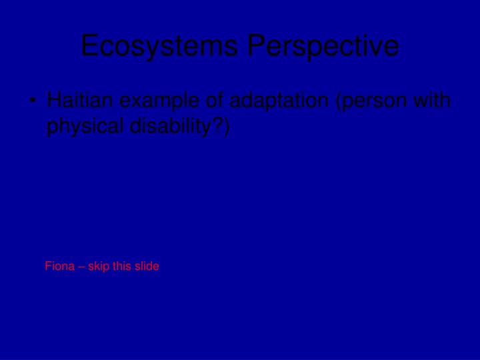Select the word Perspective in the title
click(x=323, y=46)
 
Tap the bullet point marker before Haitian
click(x=33, y=102)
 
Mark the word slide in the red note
click(x=147, y=266)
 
